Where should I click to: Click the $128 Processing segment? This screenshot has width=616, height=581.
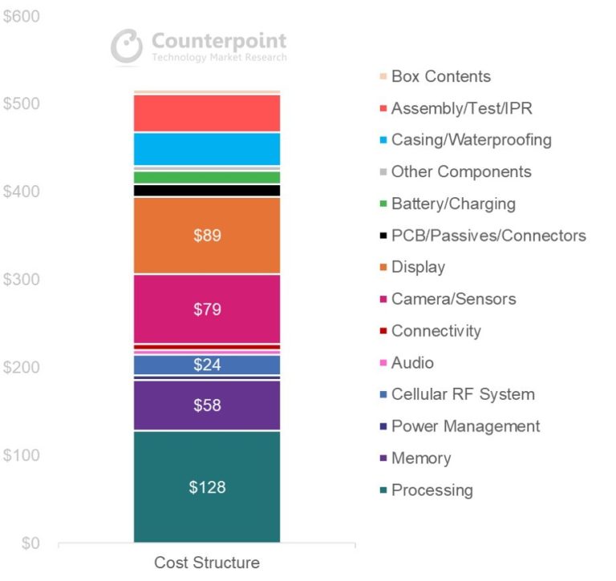[x=207, y=486]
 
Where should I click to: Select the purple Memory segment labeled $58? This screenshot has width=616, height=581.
[x=207, y=405]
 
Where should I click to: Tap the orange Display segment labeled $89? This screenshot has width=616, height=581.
[x=207, y=236]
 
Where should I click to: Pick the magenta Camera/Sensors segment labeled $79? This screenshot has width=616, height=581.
[x=207, y=309]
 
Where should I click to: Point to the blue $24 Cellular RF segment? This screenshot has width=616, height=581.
[x=207, y=365]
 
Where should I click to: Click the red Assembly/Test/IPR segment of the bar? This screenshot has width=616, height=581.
[x=207, y=113]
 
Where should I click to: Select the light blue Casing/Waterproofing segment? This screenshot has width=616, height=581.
[x=207, y=149]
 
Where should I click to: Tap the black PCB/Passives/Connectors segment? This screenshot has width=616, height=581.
[x=207, y=191]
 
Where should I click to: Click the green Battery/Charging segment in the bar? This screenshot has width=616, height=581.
[x=207, y=177]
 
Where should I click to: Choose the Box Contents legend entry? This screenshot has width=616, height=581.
[x=440, y=77]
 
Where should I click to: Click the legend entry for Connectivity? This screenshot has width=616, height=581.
[x=436, y=331]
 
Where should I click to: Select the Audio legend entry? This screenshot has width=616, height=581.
[x=411, y=363]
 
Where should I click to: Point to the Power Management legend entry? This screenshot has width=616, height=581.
[x=465, y=426]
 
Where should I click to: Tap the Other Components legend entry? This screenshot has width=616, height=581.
[x=460, y=172]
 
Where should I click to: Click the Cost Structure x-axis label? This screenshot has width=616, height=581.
[x=207, y=563]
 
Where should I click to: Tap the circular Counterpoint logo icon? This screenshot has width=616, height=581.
[x=126, y=46]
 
